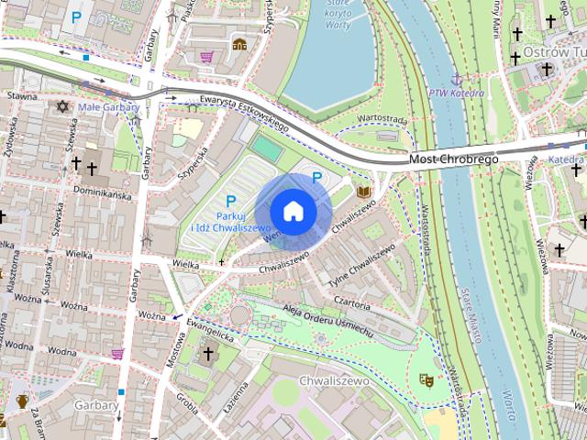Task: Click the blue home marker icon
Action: click(x=293, y=210)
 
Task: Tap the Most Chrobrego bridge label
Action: click(x=453, y=159)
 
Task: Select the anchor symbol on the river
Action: click(x=456, y=78)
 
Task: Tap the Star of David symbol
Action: click(x=63, y=107)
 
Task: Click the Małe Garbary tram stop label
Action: click(x=108, y=107)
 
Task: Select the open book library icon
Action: click(x=364, y=192)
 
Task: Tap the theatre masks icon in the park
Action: click(x=426, y=379)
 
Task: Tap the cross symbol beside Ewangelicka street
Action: click(x=208, y=353)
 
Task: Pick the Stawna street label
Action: click(x=22, y=95)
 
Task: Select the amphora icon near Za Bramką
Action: click(x=22, y=401)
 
